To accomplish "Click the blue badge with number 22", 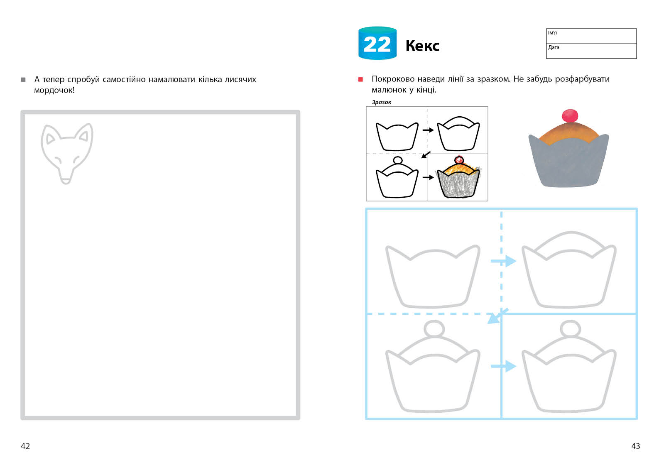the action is (x=377, y=43).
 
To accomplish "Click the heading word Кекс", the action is (x=422, y=46).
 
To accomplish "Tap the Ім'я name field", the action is (x=591, y=36).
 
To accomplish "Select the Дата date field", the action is (x=591, y=51).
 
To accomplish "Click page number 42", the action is (x=25, y=446).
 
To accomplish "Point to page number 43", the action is (x=635, y=446).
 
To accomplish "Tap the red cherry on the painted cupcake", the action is (x=570, y=115).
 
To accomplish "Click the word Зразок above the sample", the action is (x=382, y=103).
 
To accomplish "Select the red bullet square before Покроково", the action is (x=360, y=79).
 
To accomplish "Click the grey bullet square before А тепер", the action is (x=23, y=80).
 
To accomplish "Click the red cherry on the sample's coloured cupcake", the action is (x=459, y=160).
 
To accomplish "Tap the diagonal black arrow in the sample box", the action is (x=426, y=155).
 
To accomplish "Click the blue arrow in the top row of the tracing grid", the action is (x=503, y=261).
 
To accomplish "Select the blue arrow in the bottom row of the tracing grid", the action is (x=503, y=366).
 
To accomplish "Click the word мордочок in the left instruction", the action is (x=54, y=90).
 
